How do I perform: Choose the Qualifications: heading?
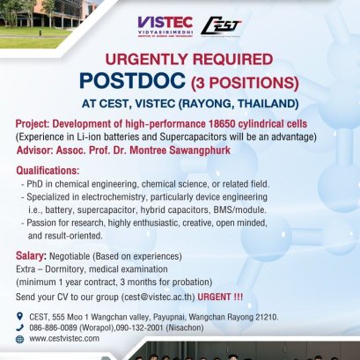tap(53, 170)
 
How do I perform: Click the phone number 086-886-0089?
tap(58, 326)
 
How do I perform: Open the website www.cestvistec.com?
tap(70, 337)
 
